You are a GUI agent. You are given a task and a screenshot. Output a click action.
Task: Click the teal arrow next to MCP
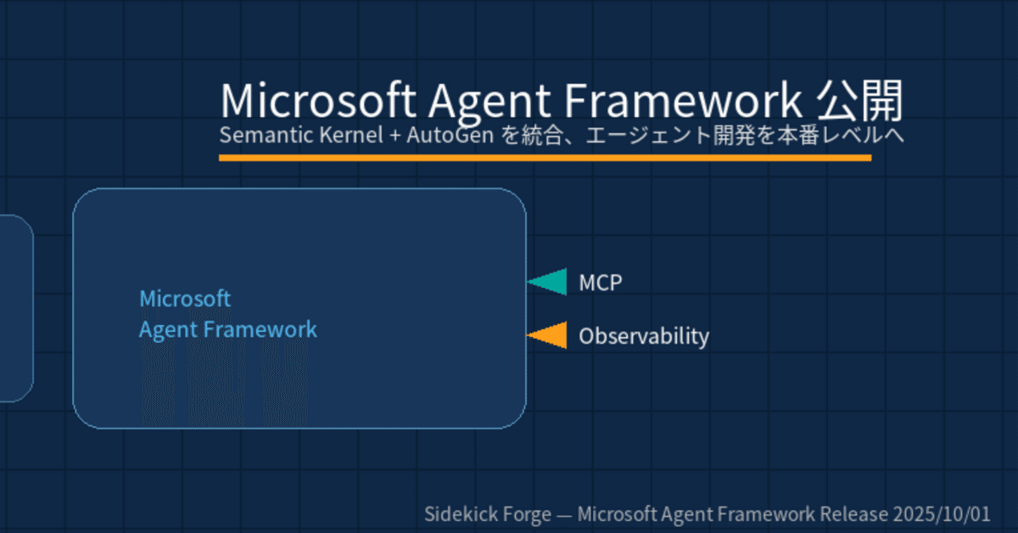(549, 282)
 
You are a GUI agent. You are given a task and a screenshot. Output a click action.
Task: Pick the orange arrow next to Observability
(549, 336)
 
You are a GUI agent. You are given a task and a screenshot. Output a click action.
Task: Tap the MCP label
(601, 283)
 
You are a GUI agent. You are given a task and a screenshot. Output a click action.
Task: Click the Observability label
(643, 337)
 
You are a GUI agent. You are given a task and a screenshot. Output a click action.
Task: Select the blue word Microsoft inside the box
(185, 299)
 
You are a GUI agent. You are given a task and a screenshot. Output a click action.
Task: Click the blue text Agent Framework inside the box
(227, 329)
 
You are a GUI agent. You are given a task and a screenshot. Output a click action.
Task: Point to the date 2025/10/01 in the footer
(944, 514)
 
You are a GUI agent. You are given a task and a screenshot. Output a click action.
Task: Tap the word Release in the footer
(854, 514)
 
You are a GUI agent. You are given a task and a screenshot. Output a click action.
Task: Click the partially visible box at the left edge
(14, 307)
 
